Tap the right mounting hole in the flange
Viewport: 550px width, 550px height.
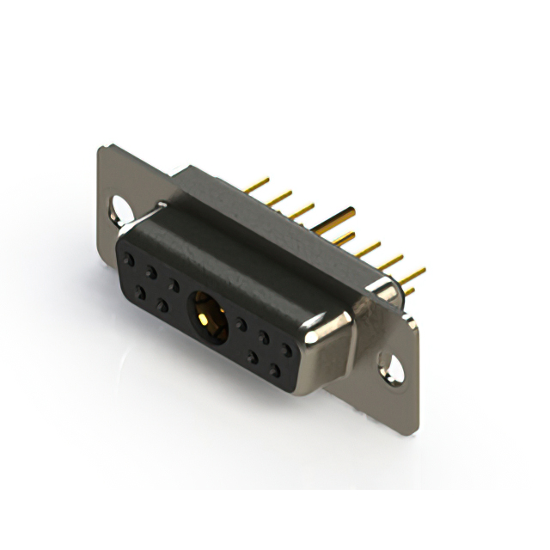point(392,370)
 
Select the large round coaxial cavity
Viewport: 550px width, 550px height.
point(207,315)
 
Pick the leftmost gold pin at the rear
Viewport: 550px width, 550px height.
point(255,184)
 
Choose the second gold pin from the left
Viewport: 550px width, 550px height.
point(278,197)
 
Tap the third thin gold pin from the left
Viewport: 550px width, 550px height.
point(300,209)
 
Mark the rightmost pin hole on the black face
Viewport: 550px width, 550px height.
point(286,350)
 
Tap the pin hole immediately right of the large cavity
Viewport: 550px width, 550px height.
point(242,325)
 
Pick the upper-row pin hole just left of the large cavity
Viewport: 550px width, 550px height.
point(174,284)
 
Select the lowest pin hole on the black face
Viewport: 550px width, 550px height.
point(274,370)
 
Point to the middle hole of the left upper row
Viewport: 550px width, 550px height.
point(151,272)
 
